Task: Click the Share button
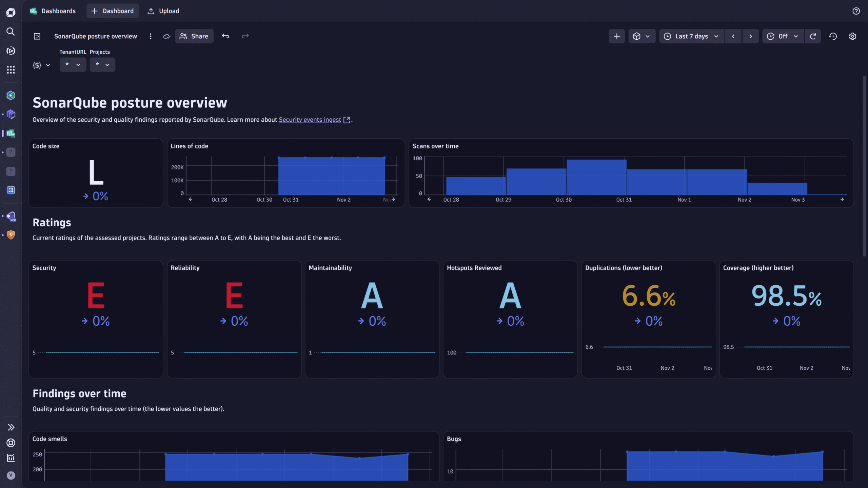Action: point(194,36)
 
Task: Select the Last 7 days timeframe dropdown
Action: point(691,36)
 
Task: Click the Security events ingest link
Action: point(310,120)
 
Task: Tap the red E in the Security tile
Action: point(96,296)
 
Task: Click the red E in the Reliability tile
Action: point(234,296)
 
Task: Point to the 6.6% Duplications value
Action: point(648,296)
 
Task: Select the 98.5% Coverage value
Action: point(786,296)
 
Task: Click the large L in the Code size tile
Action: point(96,173)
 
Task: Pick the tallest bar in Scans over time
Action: point(596,177)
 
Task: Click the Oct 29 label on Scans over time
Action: point(503,200)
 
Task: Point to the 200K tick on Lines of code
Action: point(177,167)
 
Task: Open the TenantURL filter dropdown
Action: point(73,65)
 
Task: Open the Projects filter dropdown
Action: point(102,65)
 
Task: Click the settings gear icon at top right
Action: point(852,36)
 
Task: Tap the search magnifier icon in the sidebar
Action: point(11,32)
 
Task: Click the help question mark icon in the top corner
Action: point(856,11)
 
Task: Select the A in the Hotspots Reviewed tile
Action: point(510,296)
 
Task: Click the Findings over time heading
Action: point(79,393)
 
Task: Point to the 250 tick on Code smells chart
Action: point(37,454)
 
